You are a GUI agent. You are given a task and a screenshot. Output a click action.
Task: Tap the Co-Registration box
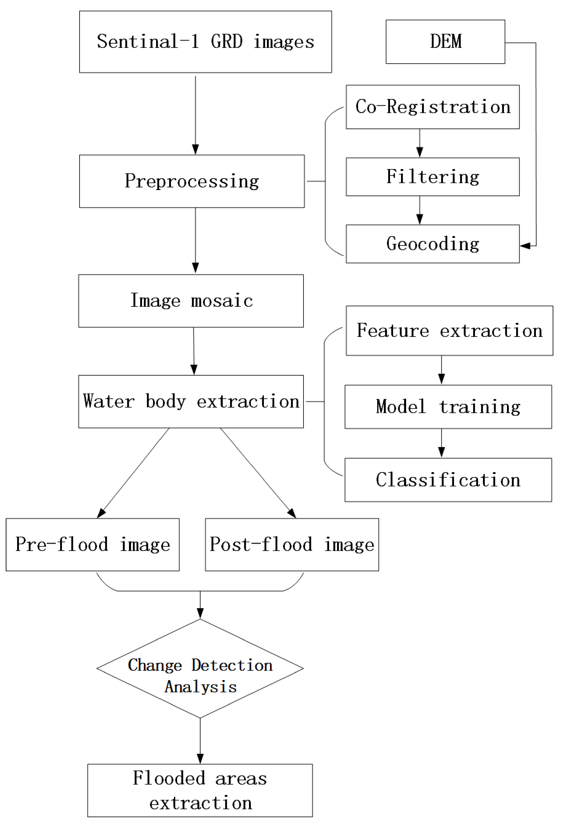[432, 107]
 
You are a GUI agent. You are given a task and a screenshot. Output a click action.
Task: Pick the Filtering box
[432, 177]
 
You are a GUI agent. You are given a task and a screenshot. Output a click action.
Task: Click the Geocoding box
[432, 244]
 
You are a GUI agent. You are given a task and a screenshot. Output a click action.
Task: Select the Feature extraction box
[449, 331]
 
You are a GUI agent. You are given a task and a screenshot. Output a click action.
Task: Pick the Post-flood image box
[292, 545]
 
